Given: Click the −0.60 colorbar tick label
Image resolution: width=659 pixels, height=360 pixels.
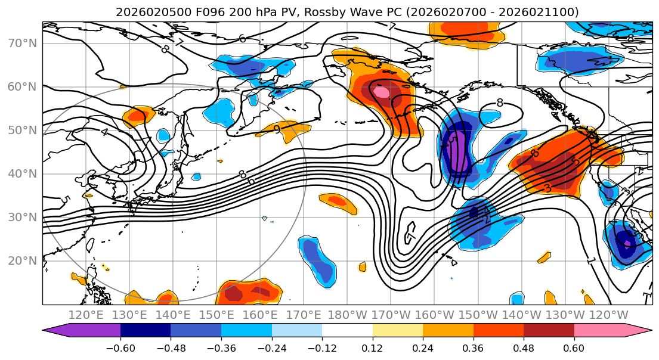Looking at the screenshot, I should pyautogui.click(x=120, y=347).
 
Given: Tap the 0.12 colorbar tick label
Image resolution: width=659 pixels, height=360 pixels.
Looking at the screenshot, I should pyautogui.click(x=373, y=347).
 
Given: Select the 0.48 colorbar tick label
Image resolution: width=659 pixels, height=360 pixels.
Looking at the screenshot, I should pyautogui.click(x=524, y=347).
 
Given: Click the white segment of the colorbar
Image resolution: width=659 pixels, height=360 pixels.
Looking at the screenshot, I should pyautogui.click(x=347, y=331).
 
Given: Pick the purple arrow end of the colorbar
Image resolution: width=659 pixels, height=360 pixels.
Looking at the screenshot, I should pyautogui.click(x=57, y=331).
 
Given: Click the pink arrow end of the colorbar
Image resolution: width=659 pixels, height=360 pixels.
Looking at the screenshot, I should pyautogui.click(x=638, y=331).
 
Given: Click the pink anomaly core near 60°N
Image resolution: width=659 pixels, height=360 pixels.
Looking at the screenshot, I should pyautogui.click(x=381, y=92).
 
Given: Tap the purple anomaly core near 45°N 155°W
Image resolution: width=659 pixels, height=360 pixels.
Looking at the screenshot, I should pyautogui.click(x=456, y=156).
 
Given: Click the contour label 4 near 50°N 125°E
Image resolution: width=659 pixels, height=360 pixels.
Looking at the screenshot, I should pyautogui.click(x=104, y=132).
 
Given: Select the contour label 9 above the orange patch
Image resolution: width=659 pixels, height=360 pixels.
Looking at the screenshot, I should pyautogui.click(x=276, y=128).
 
